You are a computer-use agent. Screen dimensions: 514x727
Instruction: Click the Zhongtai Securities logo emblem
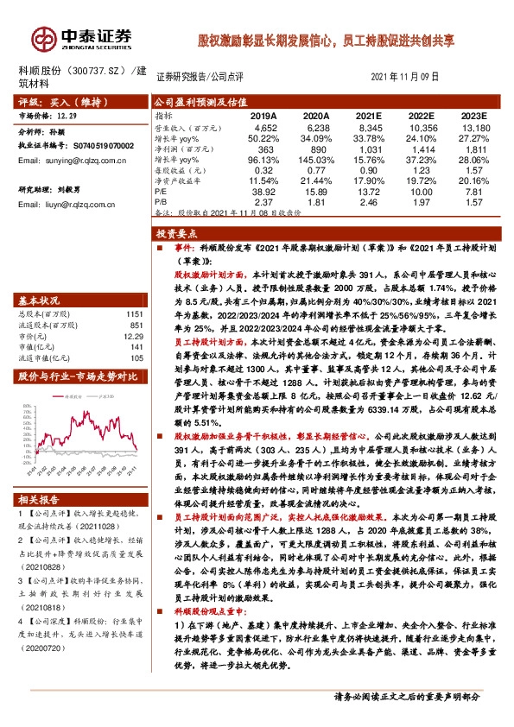[x=43, y=39]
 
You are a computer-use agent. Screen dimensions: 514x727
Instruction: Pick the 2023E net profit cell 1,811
[x=471, y=149]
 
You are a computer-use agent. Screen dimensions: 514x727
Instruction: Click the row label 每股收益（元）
[x=181, y=170]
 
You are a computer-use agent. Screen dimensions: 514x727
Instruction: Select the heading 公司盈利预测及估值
[x=189, y=101]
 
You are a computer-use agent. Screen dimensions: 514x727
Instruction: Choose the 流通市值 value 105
[x=136, y=357]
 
